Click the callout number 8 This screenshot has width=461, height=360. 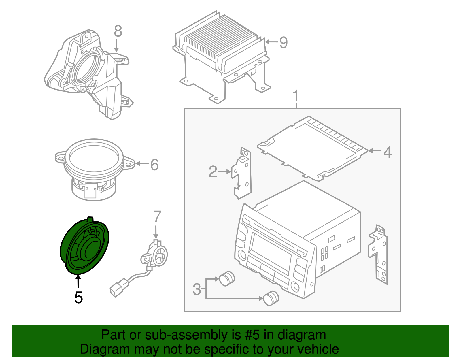[118, 31]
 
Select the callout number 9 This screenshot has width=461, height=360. [284, 42]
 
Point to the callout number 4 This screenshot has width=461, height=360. [388, 152]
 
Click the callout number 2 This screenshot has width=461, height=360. [213, 172]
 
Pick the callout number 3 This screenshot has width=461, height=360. [197, 289]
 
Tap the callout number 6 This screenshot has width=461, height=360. [154, 165]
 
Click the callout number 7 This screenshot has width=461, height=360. [157, 217]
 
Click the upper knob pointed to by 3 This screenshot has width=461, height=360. [227, 278]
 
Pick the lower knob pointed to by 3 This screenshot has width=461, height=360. [271, 298]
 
